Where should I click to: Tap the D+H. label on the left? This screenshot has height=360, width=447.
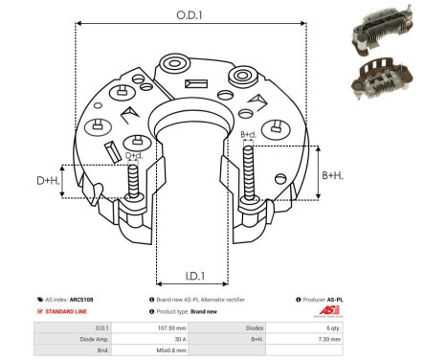[x=48, y=179]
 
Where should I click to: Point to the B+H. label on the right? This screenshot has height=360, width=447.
[x=333, y=175]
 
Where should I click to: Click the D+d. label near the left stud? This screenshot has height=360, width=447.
[x=134, y=154]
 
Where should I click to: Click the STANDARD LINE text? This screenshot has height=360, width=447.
[x=68, y=312]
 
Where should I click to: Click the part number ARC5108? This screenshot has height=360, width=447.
[x=90, y=300]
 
